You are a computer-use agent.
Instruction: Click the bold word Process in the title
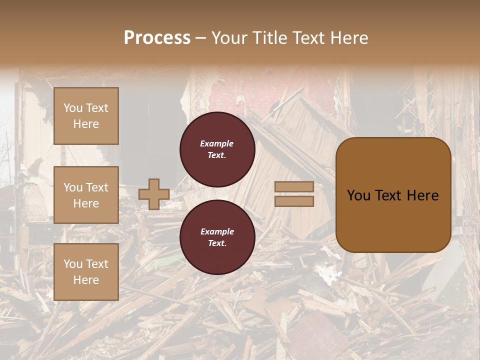157,38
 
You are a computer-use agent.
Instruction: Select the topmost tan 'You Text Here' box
86,116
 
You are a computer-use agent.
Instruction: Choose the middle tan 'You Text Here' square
86,195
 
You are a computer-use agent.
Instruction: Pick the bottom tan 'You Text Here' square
86,272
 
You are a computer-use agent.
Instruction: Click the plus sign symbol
154,194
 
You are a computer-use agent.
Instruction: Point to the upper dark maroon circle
217,149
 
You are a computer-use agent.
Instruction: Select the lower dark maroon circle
217,237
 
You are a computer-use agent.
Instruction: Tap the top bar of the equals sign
294,186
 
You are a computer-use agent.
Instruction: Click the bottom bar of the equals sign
294,201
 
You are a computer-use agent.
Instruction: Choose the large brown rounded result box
393,195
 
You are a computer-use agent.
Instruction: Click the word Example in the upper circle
217,143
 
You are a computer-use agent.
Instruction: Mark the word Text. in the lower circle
217,243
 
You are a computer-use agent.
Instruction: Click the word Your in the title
227,38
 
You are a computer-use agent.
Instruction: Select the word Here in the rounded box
422,195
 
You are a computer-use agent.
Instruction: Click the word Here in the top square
86,124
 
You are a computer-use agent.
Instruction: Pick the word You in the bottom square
73,264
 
